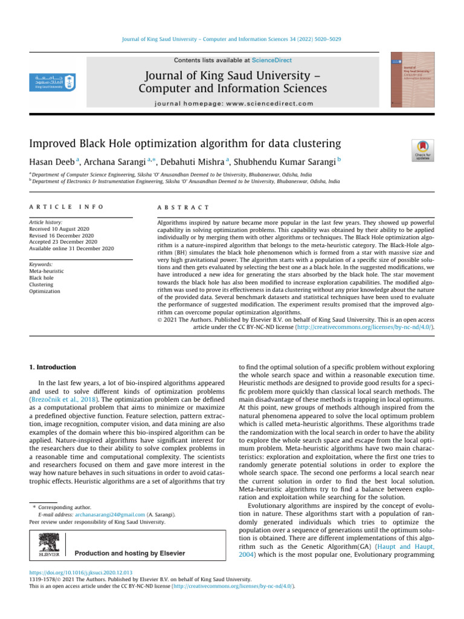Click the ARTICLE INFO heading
pos(66,207)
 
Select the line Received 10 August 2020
pos(62,230)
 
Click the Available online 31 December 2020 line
pos(71,248)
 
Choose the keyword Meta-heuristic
pos(47,271)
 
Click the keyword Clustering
pos(42,285)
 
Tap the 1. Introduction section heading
pos(53,367)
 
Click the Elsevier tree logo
pos(48,544)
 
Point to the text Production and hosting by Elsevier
pos(130,553)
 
